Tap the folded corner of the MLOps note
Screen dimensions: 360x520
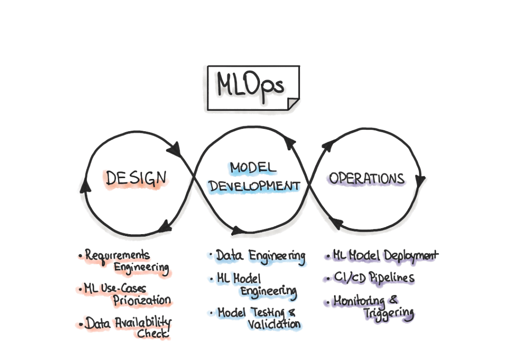pos(292,104)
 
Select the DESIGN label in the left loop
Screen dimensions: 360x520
pos(136,179)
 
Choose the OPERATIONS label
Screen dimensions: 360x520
pos(366,179)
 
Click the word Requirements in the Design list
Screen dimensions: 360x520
pos(117,255)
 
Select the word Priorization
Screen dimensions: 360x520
pos(142,300)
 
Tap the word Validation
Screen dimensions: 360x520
pos(274,324)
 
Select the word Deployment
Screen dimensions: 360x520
pos(410,256)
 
